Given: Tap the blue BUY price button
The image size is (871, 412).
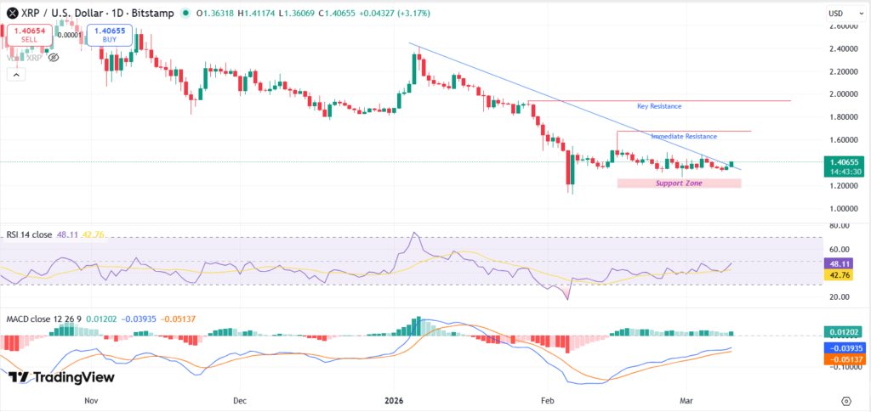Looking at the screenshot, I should (109, 34).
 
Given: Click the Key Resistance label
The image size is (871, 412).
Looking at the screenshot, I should (659, 106).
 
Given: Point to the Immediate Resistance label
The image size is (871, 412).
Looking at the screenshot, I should (684, 136).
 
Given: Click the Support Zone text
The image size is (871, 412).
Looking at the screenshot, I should (679, 183).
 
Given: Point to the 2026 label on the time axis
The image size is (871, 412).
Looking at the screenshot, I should (393, 399).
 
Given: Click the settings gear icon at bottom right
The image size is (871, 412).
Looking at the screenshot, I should (845, 400).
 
